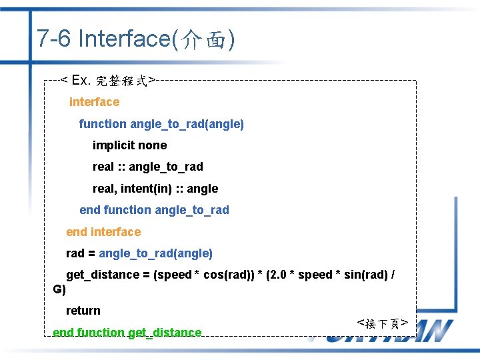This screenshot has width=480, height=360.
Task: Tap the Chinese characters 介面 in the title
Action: click(203, 41)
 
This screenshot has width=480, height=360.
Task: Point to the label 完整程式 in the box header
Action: click(122, 81)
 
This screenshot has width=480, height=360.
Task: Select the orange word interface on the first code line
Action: click(94, 102)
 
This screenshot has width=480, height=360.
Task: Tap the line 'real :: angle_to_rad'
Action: click(147, 167)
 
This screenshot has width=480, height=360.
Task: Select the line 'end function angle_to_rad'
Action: click(154, 210)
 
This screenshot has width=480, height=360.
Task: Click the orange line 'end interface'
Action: click(103, 232)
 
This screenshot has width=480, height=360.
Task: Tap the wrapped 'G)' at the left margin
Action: click(59, 290)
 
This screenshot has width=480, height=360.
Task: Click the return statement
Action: click(83, 311)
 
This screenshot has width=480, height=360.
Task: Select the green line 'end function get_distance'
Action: click(127, 332)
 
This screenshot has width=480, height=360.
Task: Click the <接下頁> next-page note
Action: click(383, 323)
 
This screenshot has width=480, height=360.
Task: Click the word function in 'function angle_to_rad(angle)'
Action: click(103, 124)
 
